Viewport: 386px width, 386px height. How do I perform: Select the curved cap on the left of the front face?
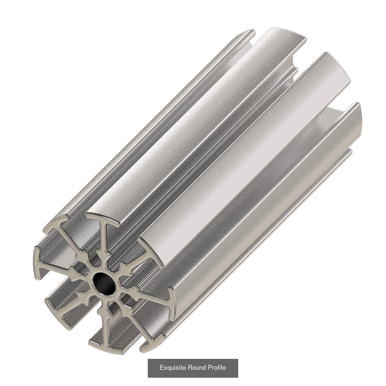(37, 262)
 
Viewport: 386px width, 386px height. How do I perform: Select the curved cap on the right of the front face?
(172, 303)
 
